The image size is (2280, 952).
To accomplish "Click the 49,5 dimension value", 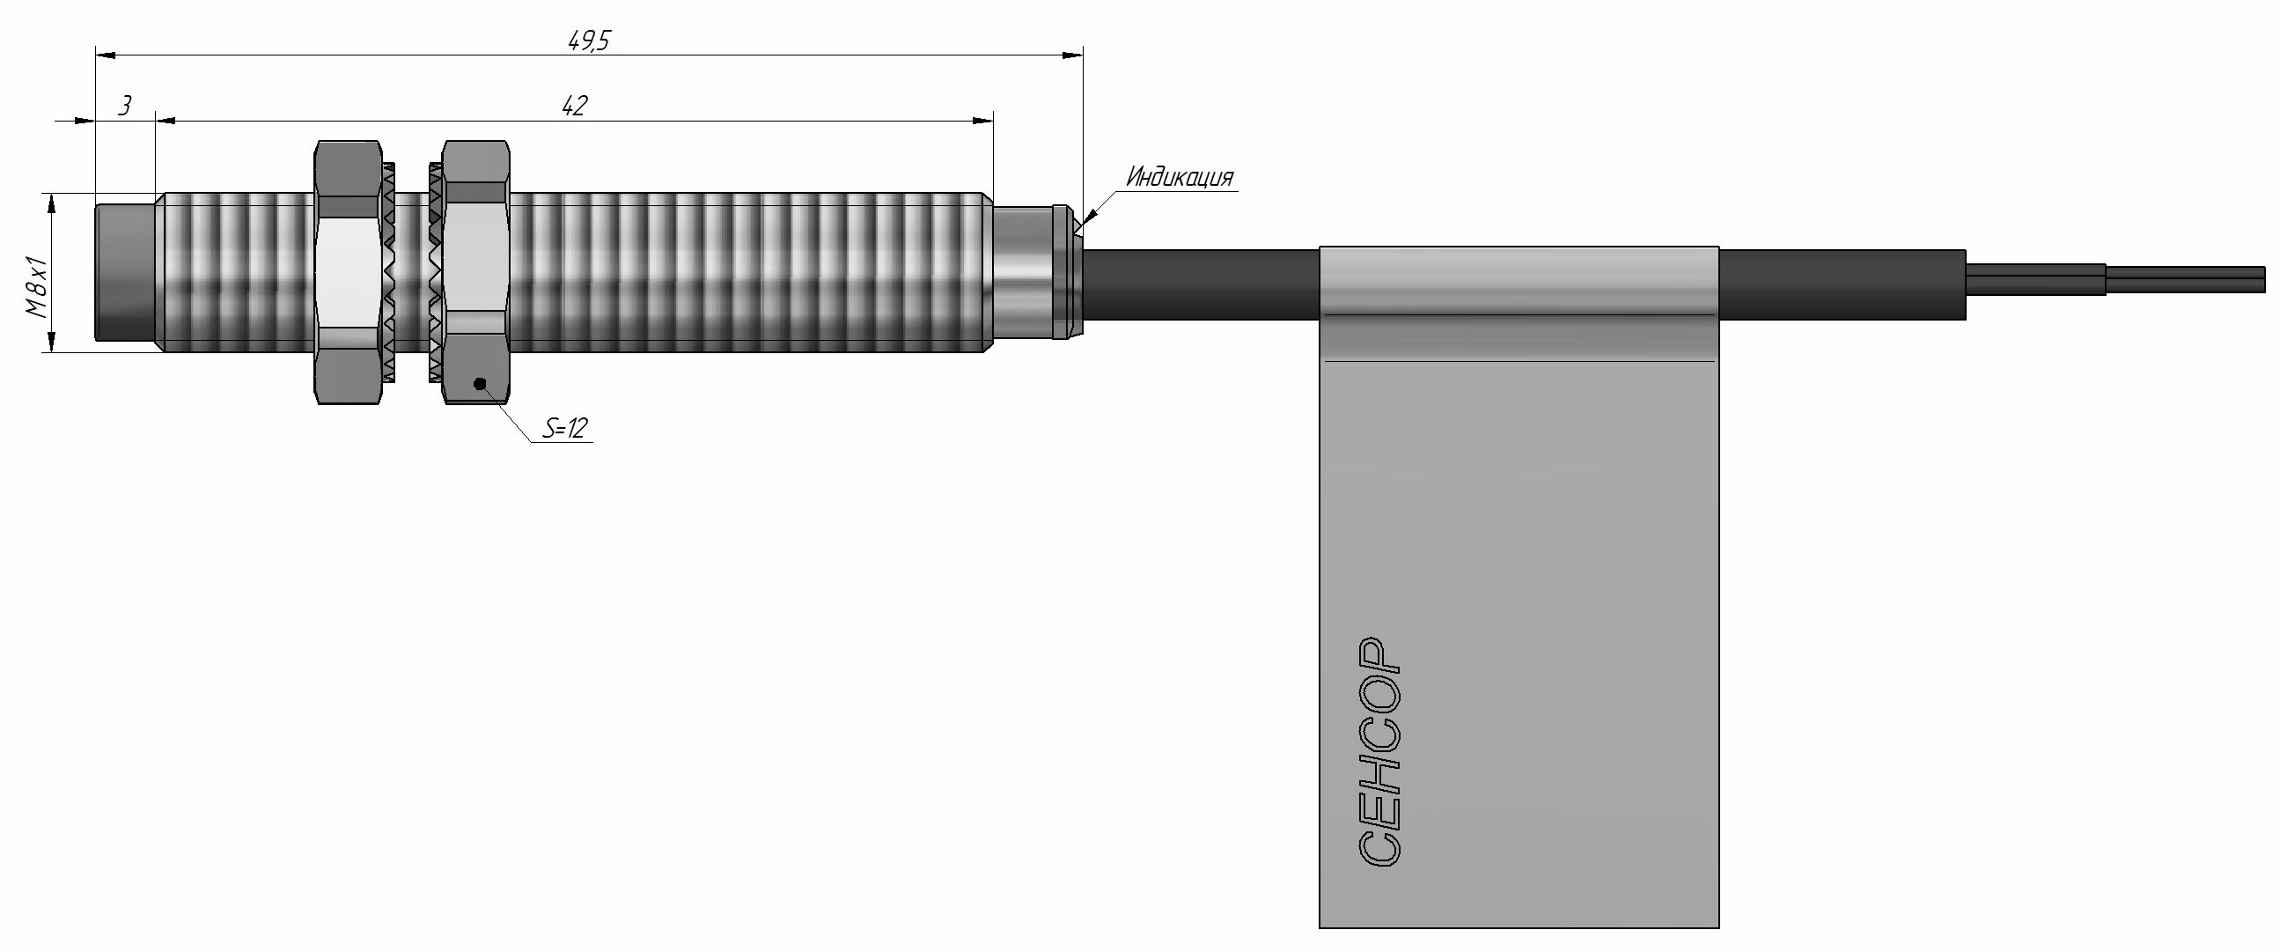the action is click(x=589, y=41).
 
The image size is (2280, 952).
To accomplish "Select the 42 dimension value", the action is click(x=575, y=107).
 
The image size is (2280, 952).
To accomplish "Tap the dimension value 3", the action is click(x=125, y=107).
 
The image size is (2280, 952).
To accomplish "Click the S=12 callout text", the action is click(x=565, y=430).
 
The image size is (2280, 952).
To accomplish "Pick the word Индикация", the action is click(x=1180, y=178).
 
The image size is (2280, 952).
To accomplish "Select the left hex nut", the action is click(x=349, y=272).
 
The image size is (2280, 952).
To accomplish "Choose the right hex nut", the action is click(x=476, y=272).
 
